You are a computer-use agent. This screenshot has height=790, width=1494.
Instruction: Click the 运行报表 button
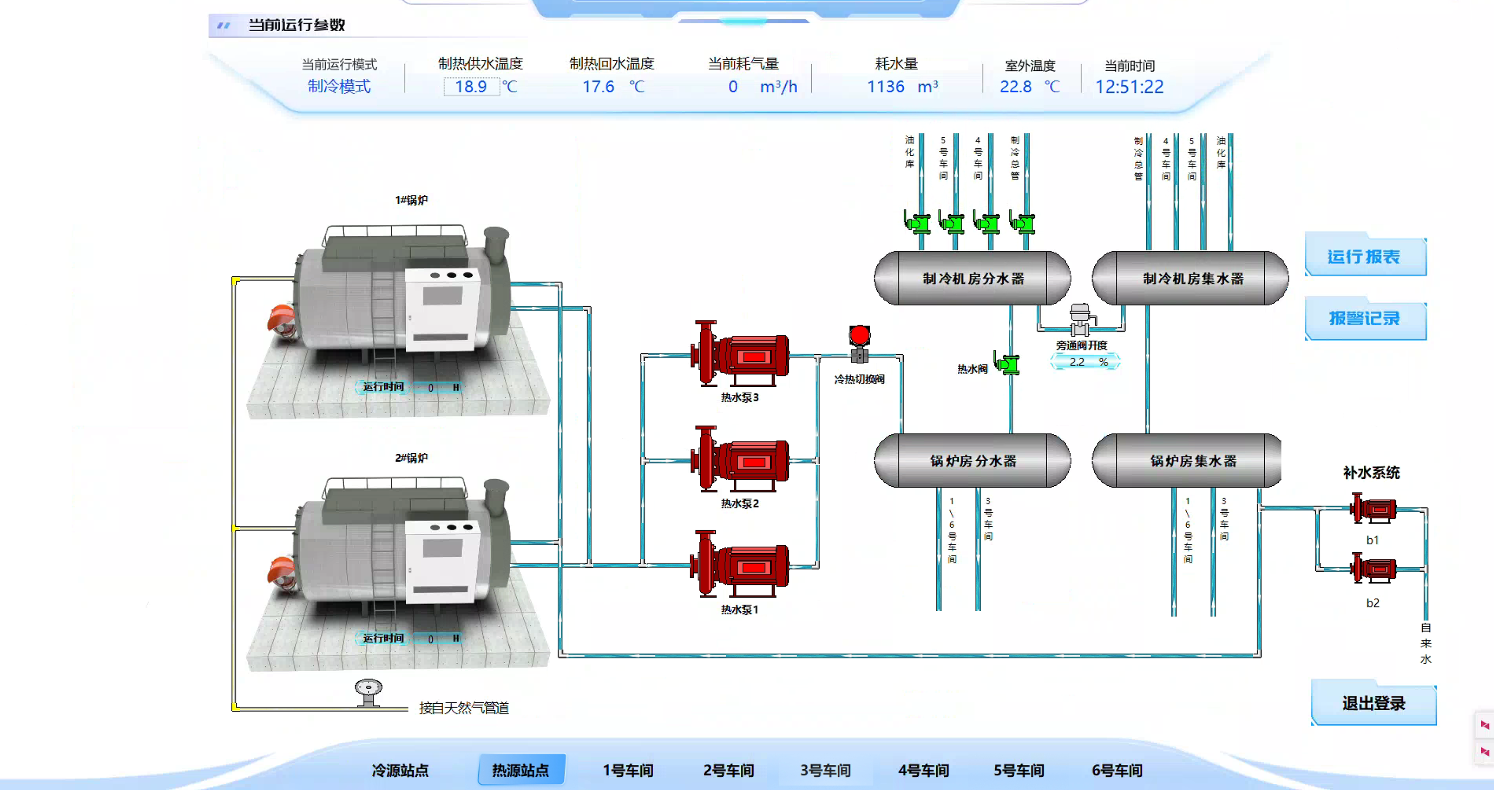pos(1364,256)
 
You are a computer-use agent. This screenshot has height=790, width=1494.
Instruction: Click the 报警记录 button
pos(1364,318)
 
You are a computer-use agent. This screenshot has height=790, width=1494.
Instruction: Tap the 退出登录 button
pos(1373,703)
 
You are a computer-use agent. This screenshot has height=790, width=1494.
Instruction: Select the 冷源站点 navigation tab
pos(400,770)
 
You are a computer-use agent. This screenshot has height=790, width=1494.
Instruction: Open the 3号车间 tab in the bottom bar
pos(825,770)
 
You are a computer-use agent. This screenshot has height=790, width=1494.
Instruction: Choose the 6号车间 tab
pos(1117,770)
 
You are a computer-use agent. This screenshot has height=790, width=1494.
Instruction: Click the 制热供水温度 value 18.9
pos(470,87)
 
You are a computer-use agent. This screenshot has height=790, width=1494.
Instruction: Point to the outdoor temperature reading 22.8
pos(1016,87)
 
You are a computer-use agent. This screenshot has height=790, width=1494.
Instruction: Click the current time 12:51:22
pos(1129,87)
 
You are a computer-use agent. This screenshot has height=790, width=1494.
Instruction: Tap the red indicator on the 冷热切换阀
pos(859,334)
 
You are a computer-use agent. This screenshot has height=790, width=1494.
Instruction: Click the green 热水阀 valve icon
pos(1007,364)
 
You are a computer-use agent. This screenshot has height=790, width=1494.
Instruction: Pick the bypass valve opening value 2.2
pos(1077,362)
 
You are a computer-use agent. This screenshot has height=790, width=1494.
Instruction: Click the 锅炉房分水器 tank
pos(973,460)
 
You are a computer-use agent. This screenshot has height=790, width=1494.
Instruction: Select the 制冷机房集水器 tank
pos(1192,278)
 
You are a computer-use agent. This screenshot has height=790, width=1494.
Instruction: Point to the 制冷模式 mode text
pos(339,86)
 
